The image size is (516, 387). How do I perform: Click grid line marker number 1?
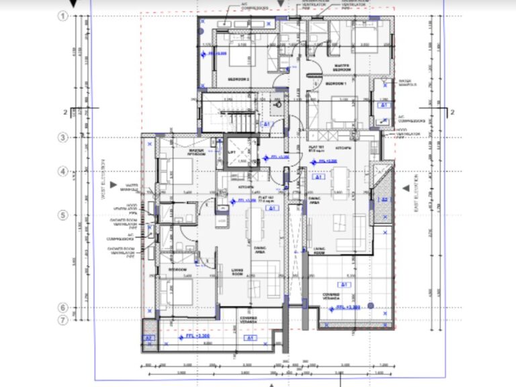pyautogui.click(x=65, y=17)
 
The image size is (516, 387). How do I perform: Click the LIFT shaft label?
pyautogui.click(x=232, y=153)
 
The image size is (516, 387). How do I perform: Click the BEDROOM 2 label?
pyautogui.click(x=238, y=79)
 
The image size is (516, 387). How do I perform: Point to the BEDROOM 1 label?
pyautogui.click(x=335, y=84)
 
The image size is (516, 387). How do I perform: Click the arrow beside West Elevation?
pyautogui.click(x=117, y=185)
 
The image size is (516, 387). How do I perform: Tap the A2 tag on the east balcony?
pyautogui.click(x=384, y=200)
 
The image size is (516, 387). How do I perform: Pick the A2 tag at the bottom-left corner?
pyautogui.click(x=150, y=338)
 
